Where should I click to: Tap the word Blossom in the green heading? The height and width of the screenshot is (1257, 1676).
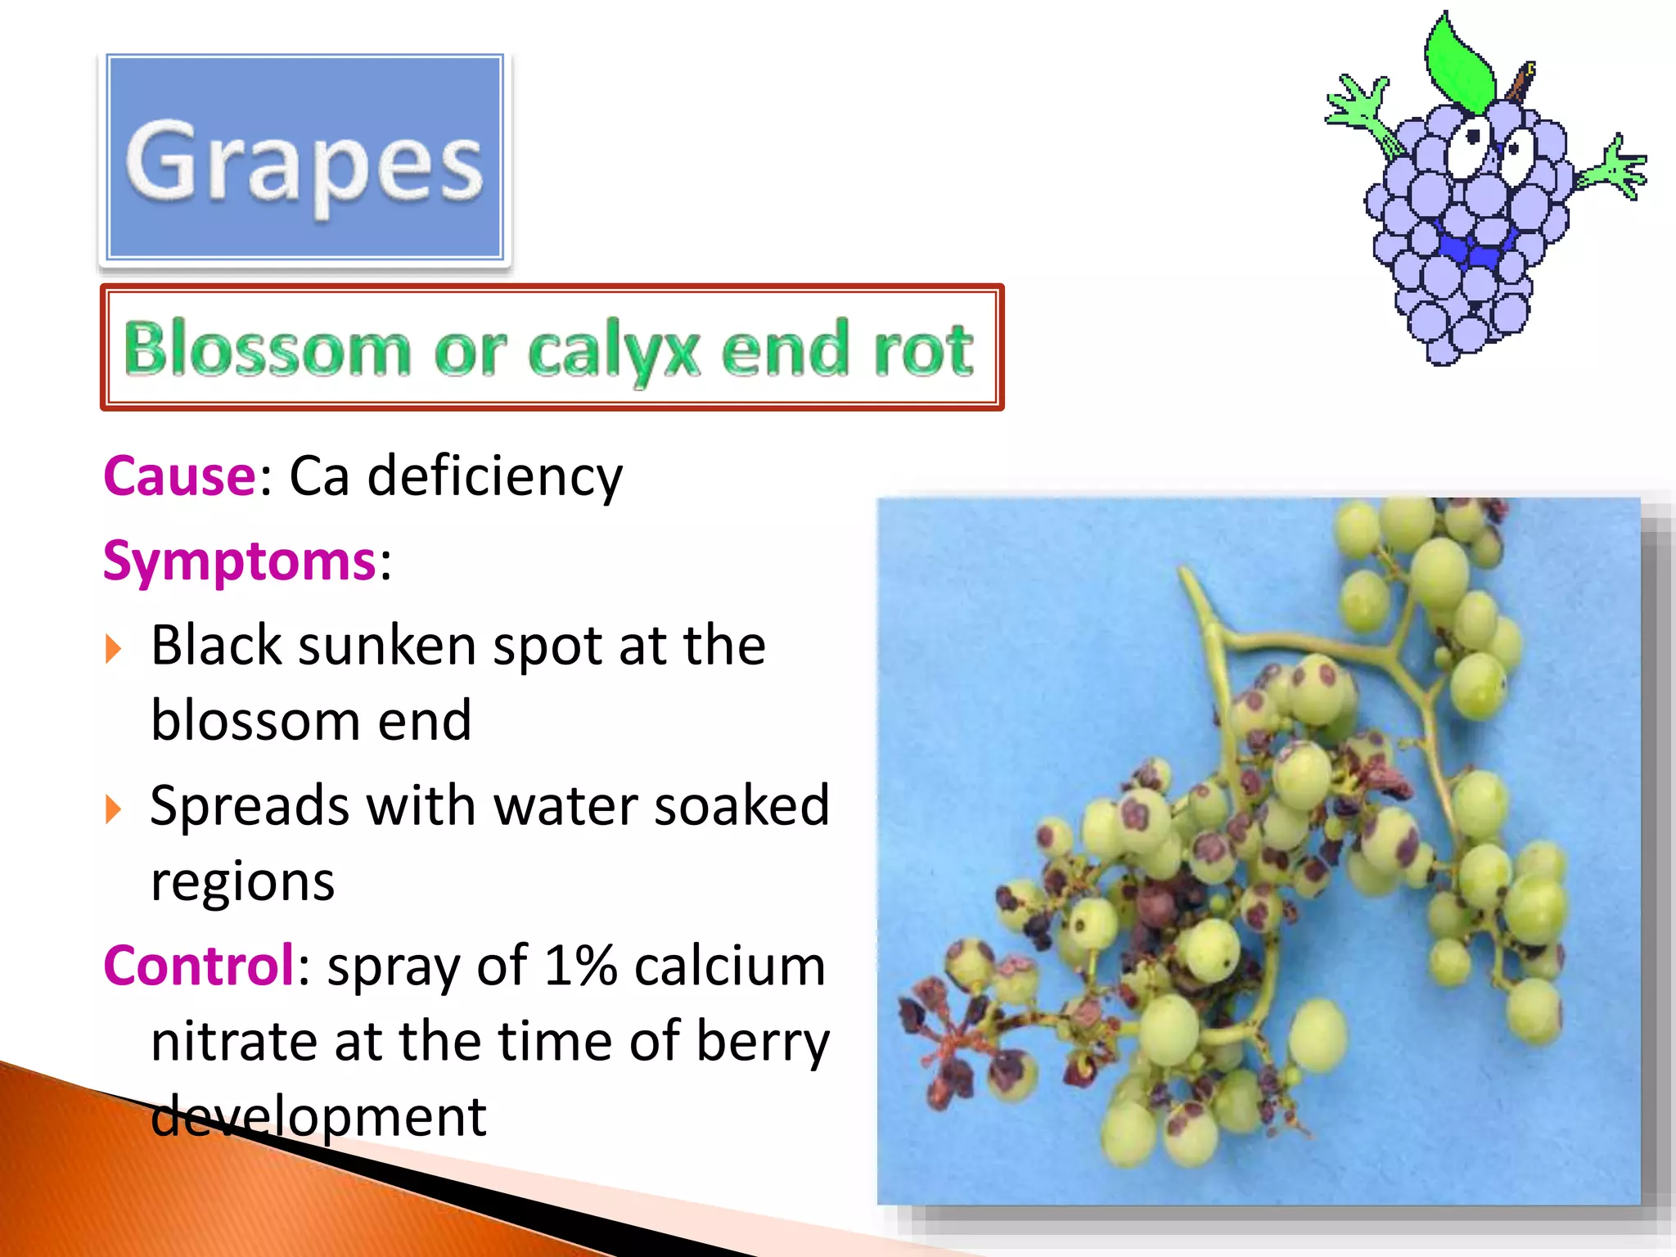coord(266,349)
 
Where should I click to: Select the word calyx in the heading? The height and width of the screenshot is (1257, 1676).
coord(614,352)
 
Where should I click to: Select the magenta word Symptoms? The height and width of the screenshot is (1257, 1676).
coord(239,561)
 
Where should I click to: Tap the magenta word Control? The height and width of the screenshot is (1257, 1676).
coord(199,966)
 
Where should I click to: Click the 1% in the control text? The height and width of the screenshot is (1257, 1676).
coord(580,966)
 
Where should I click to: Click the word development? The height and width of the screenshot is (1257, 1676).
coord(319,1116)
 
